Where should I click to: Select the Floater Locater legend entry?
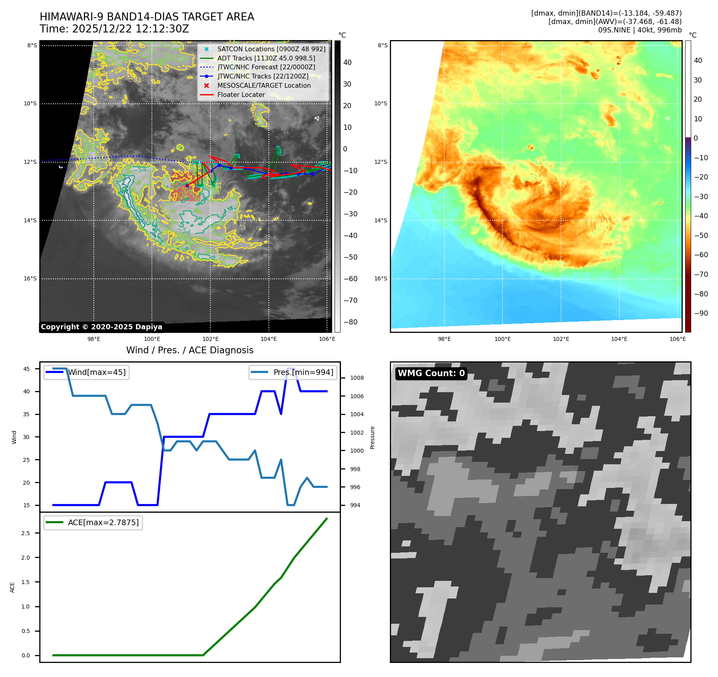pos(241,95)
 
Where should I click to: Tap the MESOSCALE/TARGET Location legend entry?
pos(264,85)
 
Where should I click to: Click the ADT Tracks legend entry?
pos(266,58)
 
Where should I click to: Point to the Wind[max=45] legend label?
pos(97,372)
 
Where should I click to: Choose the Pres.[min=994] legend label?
pos(303,372)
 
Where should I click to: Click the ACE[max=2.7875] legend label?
pos(103,522)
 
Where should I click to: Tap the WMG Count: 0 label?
pos(431,373)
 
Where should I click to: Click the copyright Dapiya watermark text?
pos(101,327)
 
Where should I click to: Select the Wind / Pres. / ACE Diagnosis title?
pos(190,350)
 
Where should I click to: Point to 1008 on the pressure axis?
pos(357,378)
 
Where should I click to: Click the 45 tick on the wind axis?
pos(26,369)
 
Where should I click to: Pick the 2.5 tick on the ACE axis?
pos(26,533)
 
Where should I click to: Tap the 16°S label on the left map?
pos(30,278)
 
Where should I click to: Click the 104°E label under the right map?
pos(619,339)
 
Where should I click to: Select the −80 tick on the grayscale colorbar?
pos(350,322)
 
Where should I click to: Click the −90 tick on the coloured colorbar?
pos(701,313)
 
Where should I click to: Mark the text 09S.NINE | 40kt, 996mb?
pos(639,30)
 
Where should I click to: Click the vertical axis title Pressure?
pos(372,437)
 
